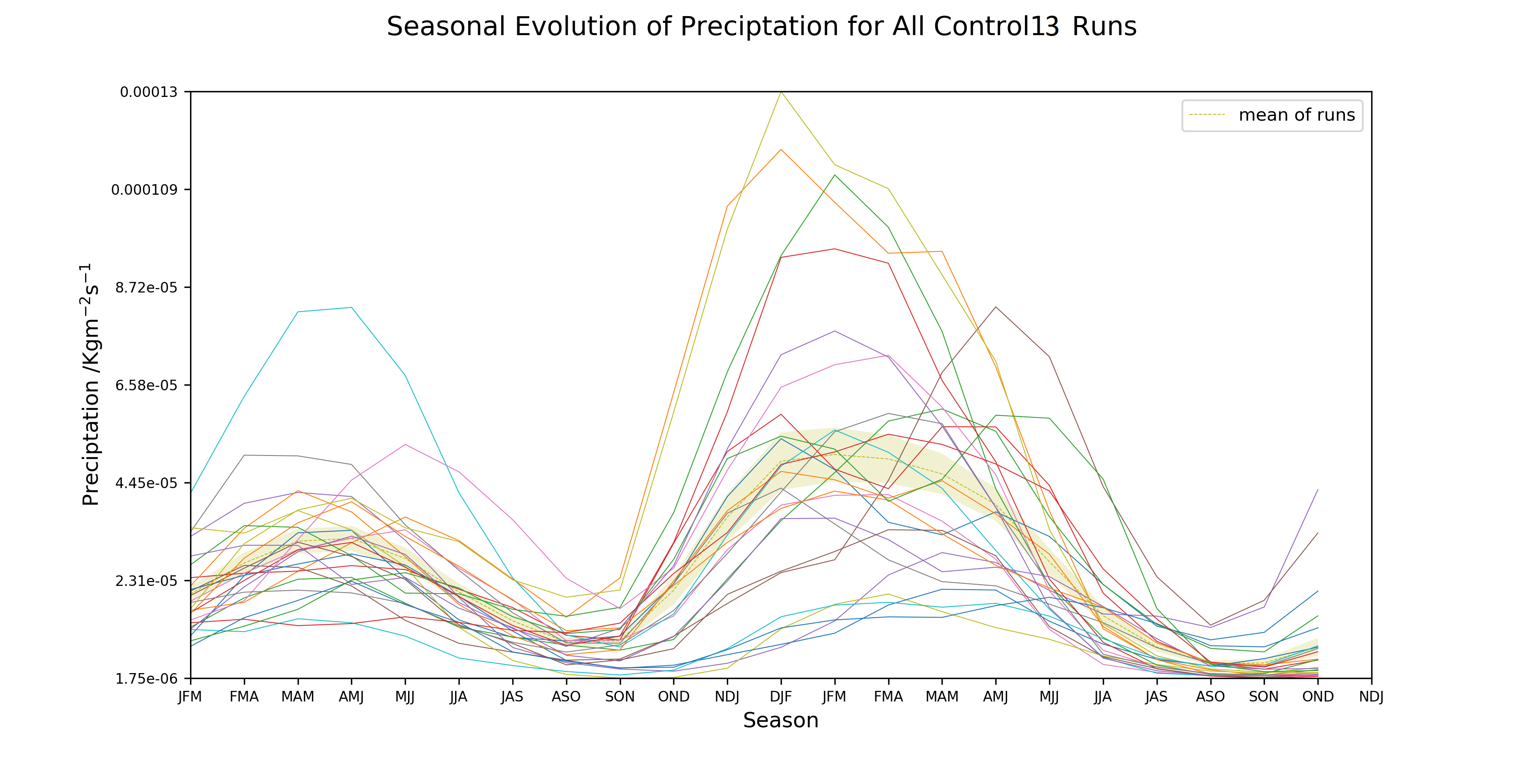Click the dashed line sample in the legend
point(1207,115)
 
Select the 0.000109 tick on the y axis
point(144,190)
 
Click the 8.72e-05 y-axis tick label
point(146,287)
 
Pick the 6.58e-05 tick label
point(146,385)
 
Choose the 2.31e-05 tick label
point(146,581)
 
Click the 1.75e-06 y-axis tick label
point(146,679)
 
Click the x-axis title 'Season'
point(780,720)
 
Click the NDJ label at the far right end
point(1371,697)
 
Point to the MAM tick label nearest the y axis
point(298,697)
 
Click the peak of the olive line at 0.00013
point(781,92)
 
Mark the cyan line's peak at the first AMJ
point(351,308)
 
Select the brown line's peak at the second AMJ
point(996,307)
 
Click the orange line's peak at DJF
point(781,150)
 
